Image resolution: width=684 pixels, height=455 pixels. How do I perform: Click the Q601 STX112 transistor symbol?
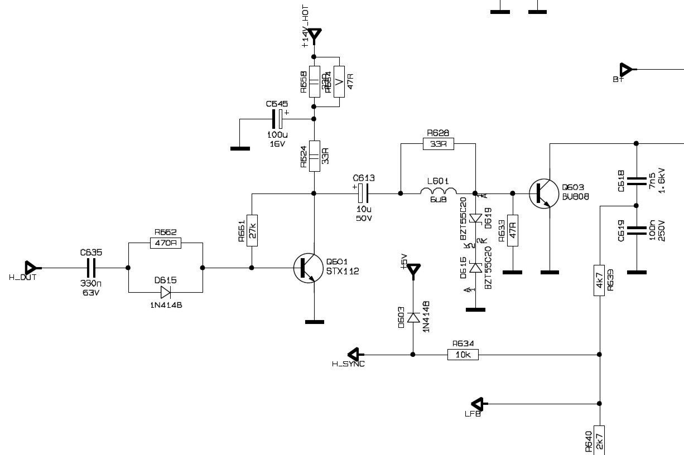click(308, 268)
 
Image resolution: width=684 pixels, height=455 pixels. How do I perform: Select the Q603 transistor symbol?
click(543, 193)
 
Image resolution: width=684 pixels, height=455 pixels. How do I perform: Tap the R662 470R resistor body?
click(165, 243)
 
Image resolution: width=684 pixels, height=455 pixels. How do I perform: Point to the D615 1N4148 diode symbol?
click(165, 292)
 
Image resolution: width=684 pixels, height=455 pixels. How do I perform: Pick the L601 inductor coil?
click(438, 193)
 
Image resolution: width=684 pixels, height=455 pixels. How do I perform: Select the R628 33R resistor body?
click(439, 144)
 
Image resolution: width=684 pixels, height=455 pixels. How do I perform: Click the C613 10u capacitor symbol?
click(363, 193)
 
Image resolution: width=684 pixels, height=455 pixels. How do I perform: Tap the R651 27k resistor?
click(252, 230)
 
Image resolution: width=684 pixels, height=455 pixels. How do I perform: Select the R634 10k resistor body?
click(463, 354)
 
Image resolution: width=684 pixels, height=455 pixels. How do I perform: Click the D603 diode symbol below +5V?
click(413, 318)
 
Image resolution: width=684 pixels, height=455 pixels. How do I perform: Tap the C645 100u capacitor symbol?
click(277, 119)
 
